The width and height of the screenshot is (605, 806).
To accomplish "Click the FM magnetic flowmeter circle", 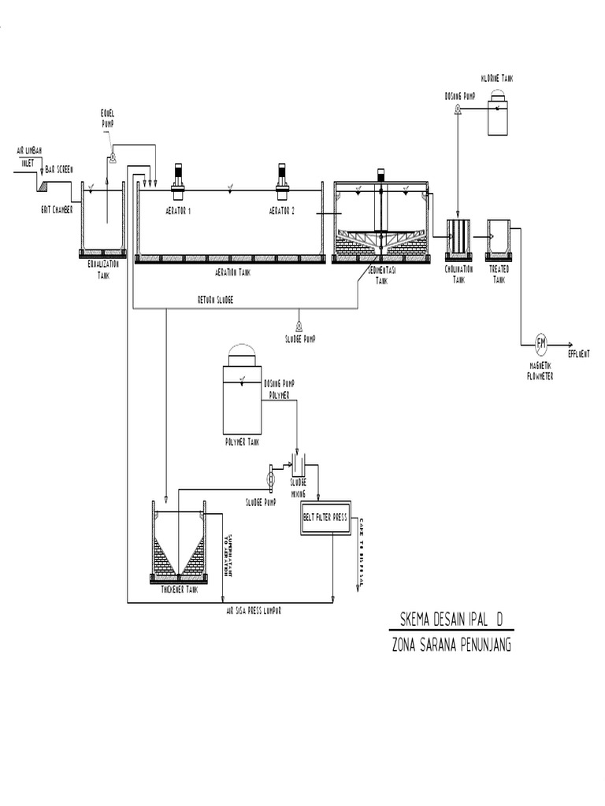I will coord(541,342).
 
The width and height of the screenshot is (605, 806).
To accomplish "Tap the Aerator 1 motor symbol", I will coord(177,177).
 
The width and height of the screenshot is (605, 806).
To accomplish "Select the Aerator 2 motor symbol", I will coord(282,177).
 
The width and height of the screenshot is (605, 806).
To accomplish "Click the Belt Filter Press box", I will coord(325,519).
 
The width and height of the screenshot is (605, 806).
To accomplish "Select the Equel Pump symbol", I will coord(112,157).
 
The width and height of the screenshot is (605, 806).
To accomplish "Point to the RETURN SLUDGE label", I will coord(216,300).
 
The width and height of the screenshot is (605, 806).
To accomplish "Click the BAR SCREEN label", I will coord(60,169).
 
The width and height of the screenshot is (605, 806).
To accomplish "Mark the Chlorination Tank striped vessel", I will coord(458,237).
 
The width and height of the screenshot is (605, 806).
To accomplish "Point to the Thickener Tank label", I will coord(178,589).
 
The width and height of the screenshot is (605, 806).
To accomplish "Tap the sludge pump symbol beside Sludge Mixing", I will coord(270,477).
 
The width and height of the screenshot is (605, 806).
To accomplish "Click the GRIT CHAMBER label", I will coord(57,209).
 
